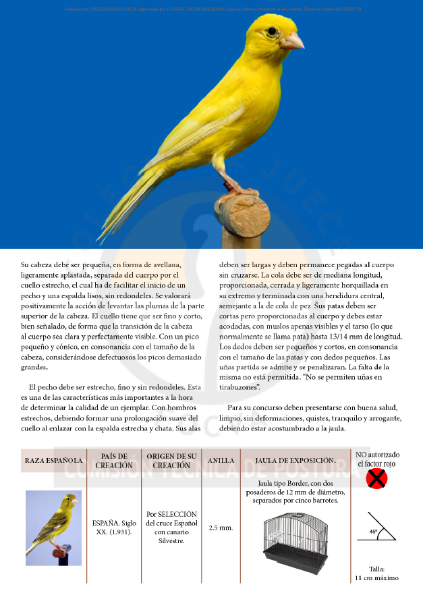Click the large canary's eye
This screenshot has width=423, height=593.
[272, 31]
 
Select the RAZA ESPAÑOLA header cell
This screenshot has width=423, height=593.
[54, 460]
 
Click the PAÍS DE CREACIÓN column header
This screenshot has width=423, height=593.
[113, 460]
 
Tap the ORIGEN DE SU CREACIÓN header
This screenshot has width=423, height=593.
[171, 460]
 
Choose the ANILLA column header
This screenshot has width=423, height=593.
[221, 460]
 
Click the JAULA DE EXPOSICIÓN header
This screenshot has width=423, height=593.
[295, 460]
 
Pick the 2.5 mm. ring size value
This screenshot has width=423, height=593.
[221, 527]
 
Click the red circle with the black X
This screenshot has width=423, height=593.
[376, 480]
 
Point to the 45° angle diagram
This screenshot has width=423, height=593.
[376, 528]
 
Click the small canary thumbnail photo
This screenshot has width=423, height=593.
[53, 528]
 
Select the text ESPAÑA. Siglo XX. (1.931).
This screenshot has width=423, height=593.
[113, 527]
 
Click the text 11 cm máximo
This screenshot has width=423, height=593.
[376, 577]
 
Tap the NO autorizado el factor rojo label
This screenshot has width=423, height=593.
[377, 459]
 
